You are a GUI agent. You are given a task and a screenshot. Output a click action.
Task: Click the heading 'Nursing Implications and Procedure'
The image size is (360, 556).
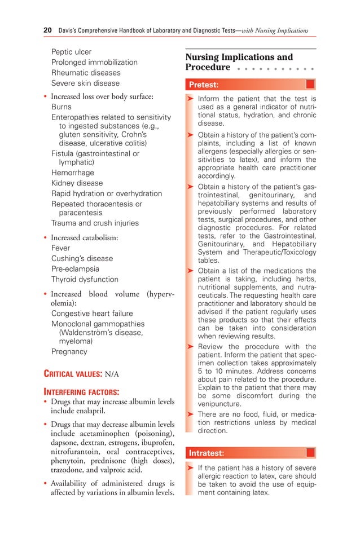pyautogui.click(x=239, y=62)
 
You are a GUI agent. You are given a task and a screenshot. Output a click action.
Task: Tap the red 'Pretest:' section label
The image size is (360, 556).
pyautogui.click(x=204, y=85)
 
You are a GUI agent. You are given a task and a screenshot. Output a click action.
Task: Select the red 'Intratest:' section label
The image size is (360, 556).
pyautogui.click(x=206, y=453)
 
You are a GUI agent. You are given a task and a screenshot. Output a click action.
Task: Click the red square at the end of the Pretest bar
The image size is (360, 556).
pyautogui.click(x=310, y=85)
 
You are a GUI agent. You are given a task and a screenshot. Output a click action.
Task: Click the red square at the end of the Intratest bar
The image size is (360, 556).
pyautogui.click(x=310, y=453)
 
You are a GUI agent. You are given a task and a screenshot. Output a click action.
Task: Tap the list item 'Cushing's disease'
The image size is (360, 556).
pyautogui.click(x=82, y=258)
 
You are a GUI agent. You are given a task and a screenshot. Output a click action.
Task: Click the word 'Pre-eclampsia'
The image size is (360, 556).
pyautogui.click(x=75, y=269)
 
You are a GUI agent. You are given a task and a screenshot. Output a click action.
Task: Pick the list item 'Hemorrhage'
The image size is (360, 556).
pyautogui.click(x=73, y=173)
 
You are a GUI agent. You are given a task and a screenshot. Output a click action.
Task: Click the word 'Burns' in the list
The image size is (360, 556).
pyautogui.click(x=62, y=107)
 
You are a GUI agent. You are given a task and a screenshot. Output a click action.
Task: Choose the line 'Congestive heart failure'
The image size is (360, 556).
pyautogui.click(x=92, y=314)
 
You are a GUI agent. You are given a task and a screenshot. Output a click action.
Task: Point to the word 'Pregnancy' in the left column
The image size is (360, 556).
pyautogui.click(x=69, y=351)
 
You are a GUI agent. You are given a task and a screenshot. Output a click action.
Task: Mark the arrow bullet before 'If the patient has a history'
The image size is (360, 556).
pyautogui.click(x=190, y=468)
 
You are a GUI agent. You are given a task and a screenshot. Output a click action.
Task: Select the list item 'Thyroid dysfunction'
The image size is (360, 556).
pyautogui.click(x=85, y=279)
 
